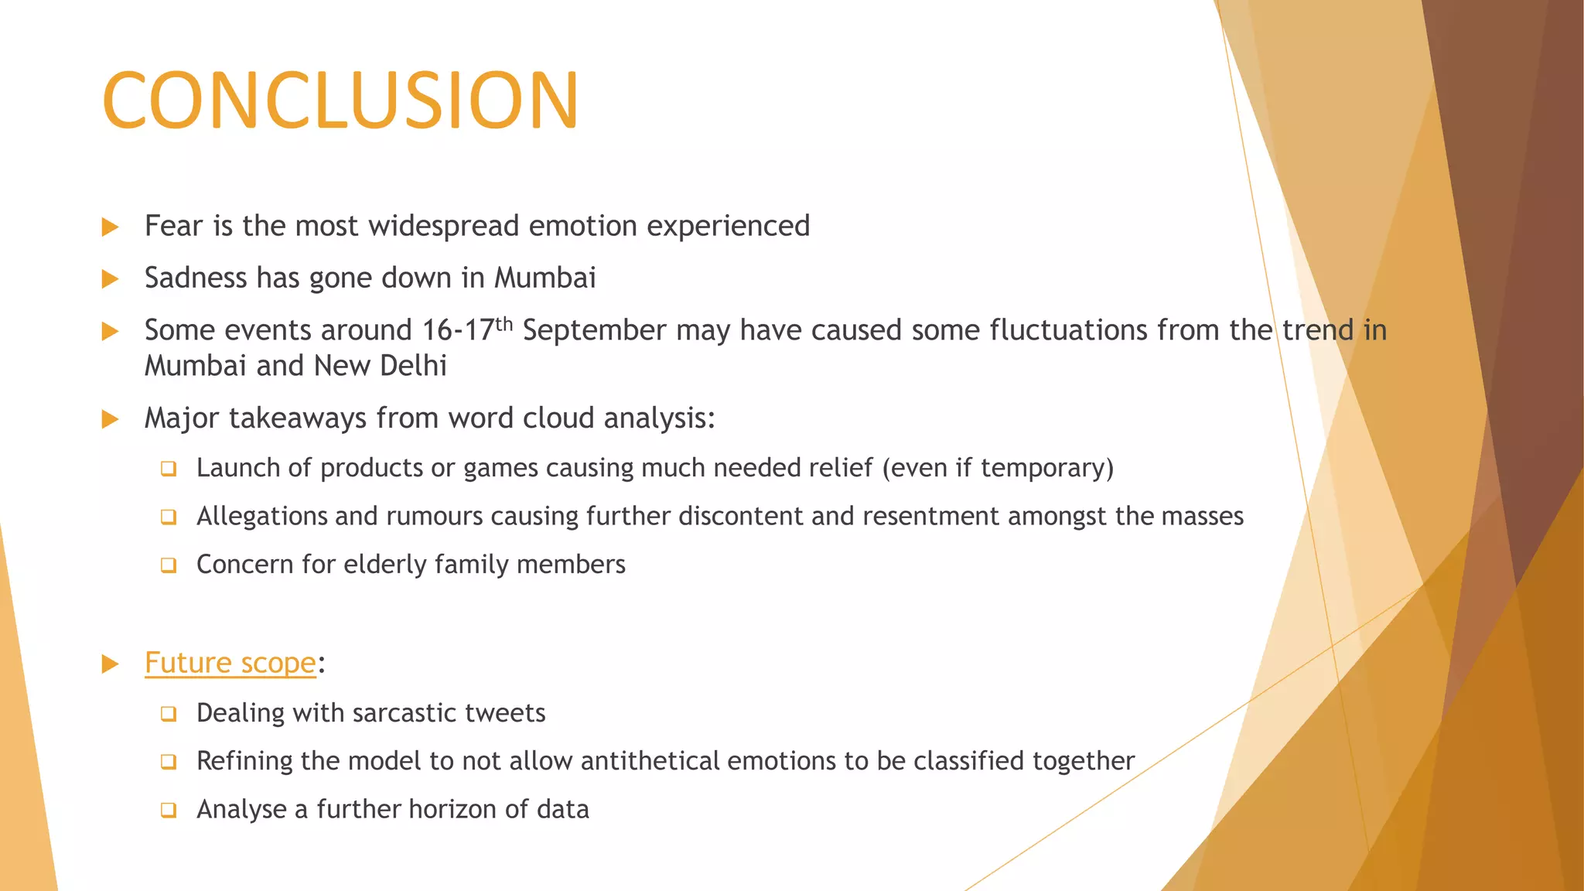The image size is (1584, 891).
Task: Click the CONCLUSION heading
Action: pyautogui.click(x=340, y=101)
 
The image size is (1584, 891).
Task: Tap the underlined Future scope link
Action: pyautogui.click(x=230, y=664)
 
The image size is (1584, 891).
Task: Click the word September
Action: pyautogui.click(x=594, y=331)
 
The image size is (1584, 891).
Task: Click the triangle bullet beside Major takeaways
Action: pyautogui.click(x=110, y=420)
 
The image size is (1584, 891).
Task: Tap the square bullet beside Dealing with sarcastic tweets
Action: pyautogui.click(x=169, y=714)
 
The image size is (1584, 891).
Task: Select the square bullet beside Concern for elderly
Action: pyautogui.click(x=169, y=565)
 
